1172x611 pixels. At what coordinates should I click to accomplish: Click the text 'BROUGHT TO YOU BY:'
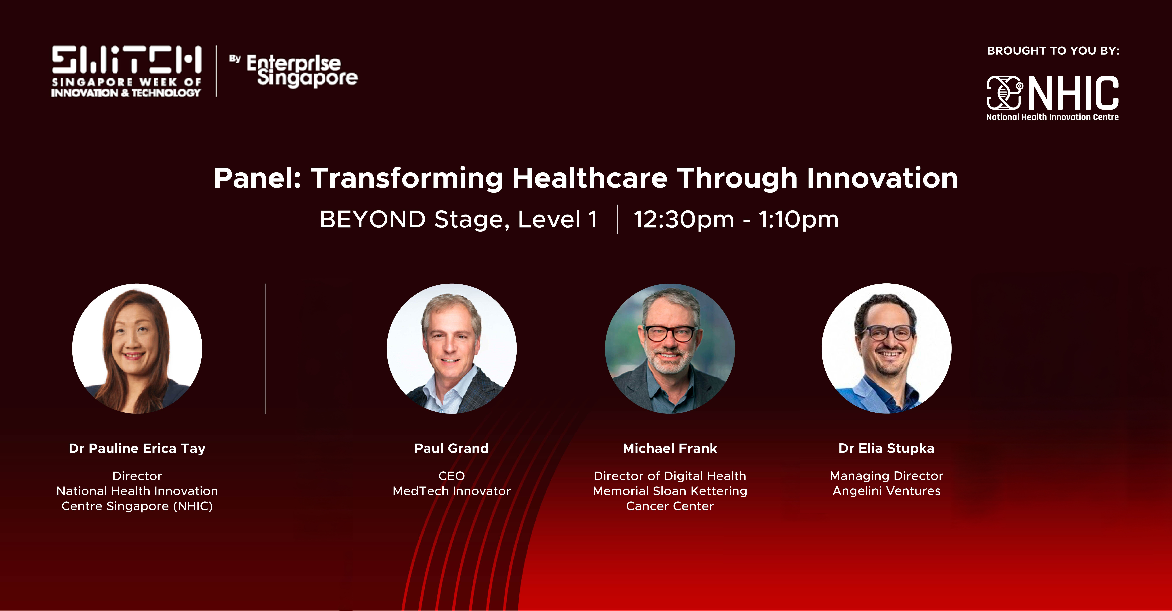pyautogui.click(x=1053, y=51)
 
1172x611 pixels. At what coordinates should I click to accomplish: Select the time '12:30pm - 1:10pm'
pyautogui.click(x=736, y=220)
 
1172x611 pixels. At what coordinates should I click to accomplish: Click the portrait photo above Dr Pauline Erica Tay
pyautogui.click(x=137, y=348)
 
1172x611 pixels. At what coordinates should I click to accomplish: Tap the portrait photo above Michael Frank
pyautogui.click(x=670, y=348)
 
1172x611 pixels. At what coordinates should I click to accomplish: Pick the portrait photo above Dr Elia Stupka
pyautogui.click(x=886, y=348)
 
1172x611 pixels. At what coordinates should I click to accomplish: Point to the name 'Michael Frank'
pyautogui.click(x=670, y=448)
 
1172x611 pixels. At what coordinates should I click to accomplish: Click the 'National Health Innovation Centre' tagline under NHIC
pyautogui.click(x=1052, y=117)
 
